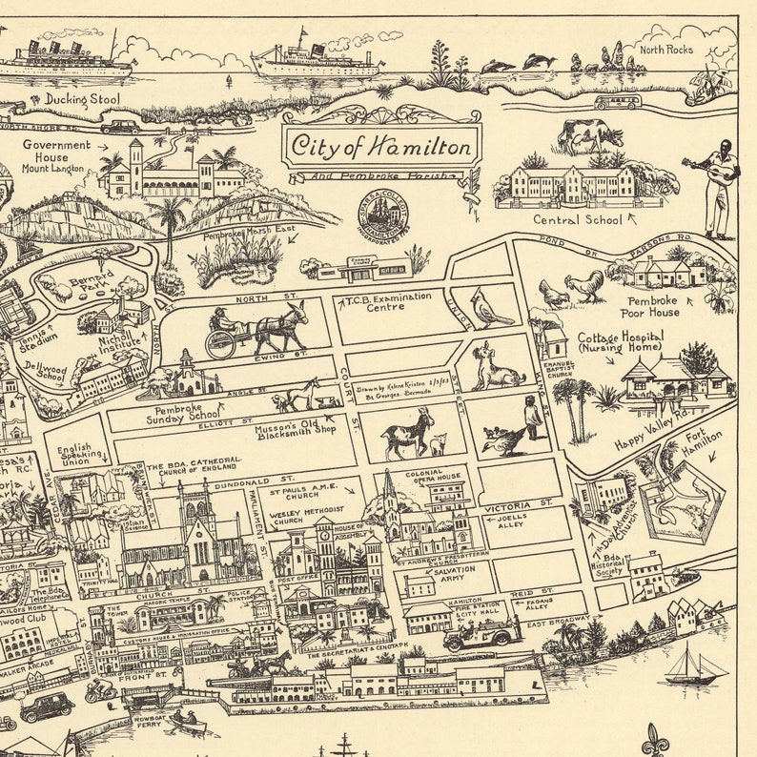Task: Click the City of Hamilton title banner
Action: pos(381,146)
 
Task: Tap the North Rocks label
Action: pos(665,50)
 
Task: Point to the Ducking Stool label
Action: pos(68,98)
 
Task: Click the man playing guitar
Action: pos(717,188)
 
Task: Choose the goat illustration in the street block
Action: pos(407,436)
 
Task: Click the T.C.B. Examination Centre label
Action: pos(388,302)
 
